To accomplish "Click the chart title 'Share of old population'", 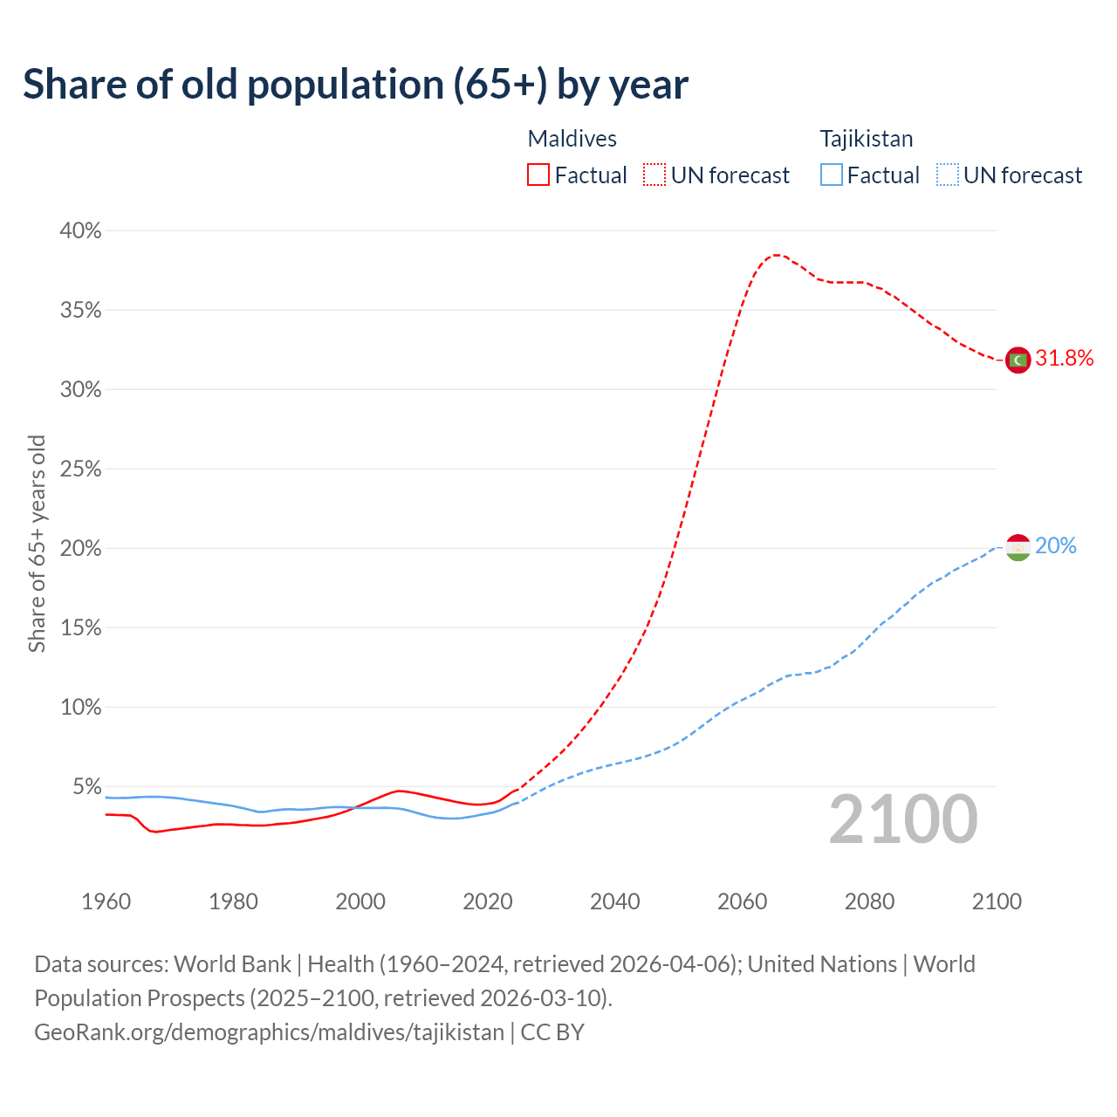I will click(355, 85).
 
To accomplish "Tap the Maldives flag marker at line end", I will click(1018, 360).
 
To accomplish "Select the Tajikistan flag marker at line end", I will click(1018, 547).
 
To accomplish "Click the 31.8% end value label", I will click(1064, 359).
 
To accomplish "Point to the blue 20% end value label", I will click(1056, 546).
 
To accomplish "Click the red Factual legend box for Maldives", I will click(538, 175).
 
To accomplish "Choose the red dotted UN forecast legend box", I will click(654, 175).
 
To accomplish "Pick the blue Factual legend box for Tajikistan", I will click(832, 175).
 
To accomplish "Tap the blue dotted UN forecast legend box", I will click(947, 175).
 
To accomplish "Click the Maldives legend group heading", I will click(572, 139).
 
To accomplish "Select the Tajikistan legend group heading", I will click(866, 139).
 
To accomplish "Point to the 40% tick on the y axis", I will click(80, 231).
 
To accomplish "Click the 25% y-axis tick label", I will click(80, 469).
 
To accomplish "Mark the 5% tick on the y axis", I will click(86, 787).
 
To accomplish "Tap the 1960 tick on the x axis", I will click(106, 901).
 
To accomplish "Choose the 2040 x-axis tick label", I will click(615, 901).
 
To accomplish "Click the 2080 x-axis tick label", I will click(869, 901).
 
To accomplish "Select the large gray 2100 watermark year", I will click(903, 819).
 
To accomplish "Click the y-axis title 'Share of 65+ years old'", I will click(37, 544).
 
